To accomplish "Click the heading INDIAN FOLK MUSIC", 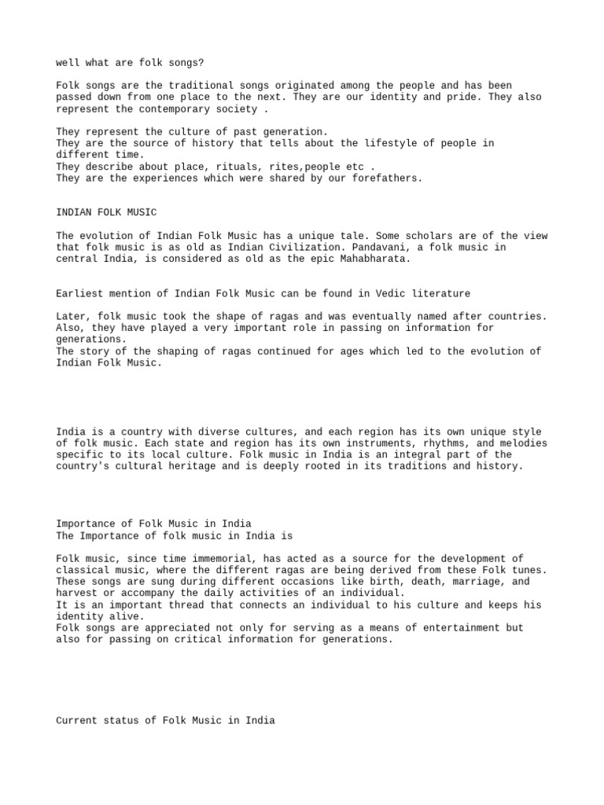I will [x=107, y=212].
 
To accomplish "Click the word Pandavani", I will [x=393, y=247].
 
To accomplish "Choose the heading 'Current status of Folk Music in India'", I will [x=166, y=720].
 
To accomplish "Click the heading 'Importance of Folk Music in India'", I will [x=154, y=524].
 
